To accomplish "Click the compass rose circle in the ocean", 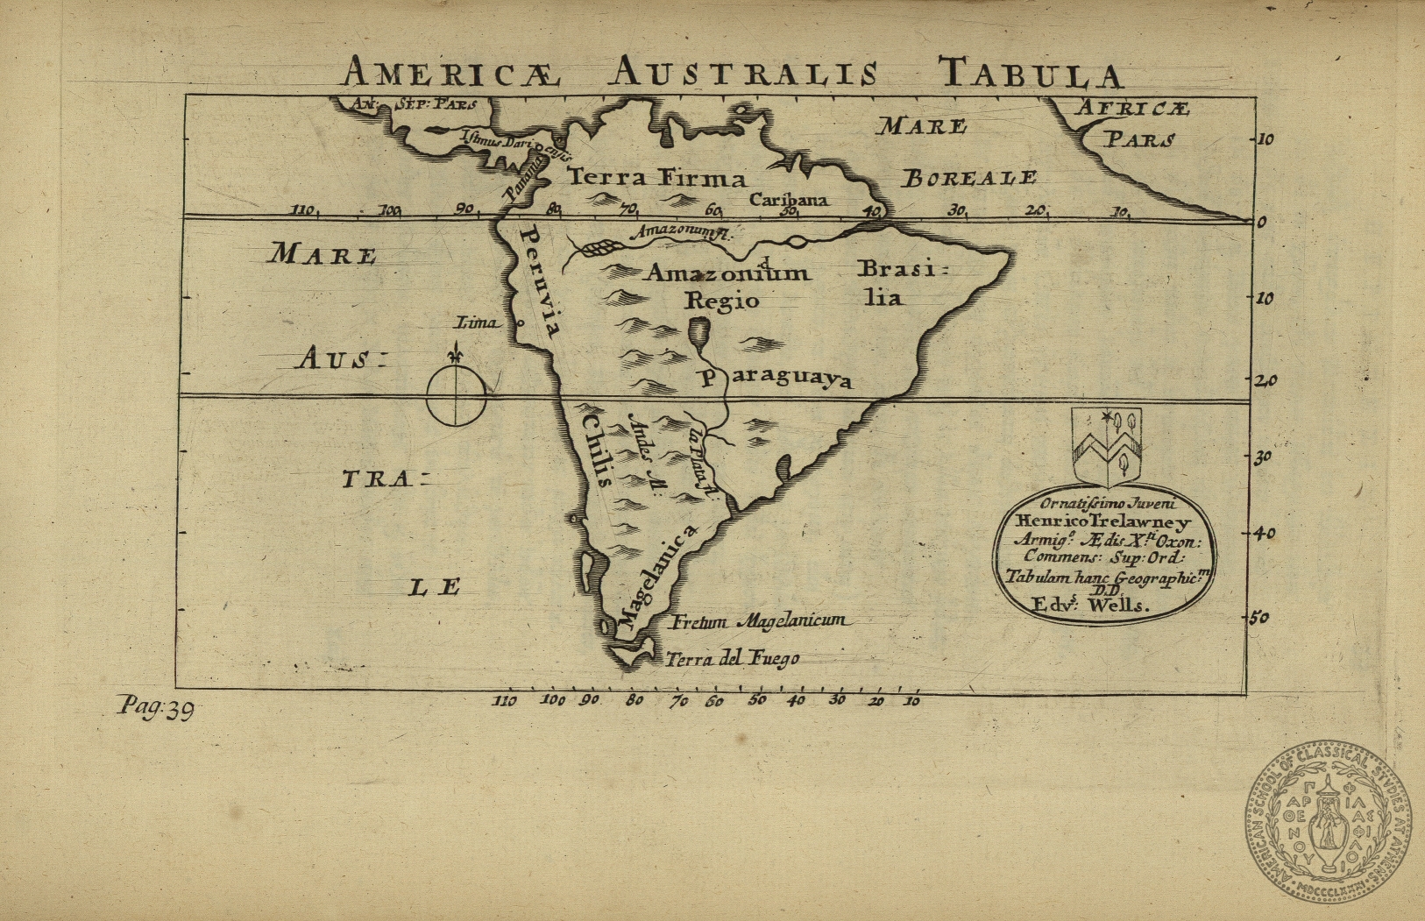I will click(456, 396).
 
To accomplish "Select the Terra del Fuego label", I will click(733, 659).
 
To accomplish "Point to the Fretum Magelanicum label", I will click(759, 621).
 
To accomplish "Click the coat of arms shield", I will click(1107, 445).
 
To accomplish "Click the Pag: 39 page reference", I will click(156, 707).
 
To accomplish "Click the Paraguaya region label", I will click(775, 379).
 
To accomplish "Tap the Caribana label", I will click(788, 200).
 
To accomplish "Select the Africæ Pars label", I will click(1135, 123).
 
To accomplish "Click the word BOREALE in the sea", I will click(969, 179).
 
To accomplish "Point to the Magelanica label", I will click(656, 577).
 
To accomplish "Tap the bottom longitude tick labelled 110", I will click(504, 700).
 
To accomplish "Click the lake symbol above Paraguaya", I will click(698, 331).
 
